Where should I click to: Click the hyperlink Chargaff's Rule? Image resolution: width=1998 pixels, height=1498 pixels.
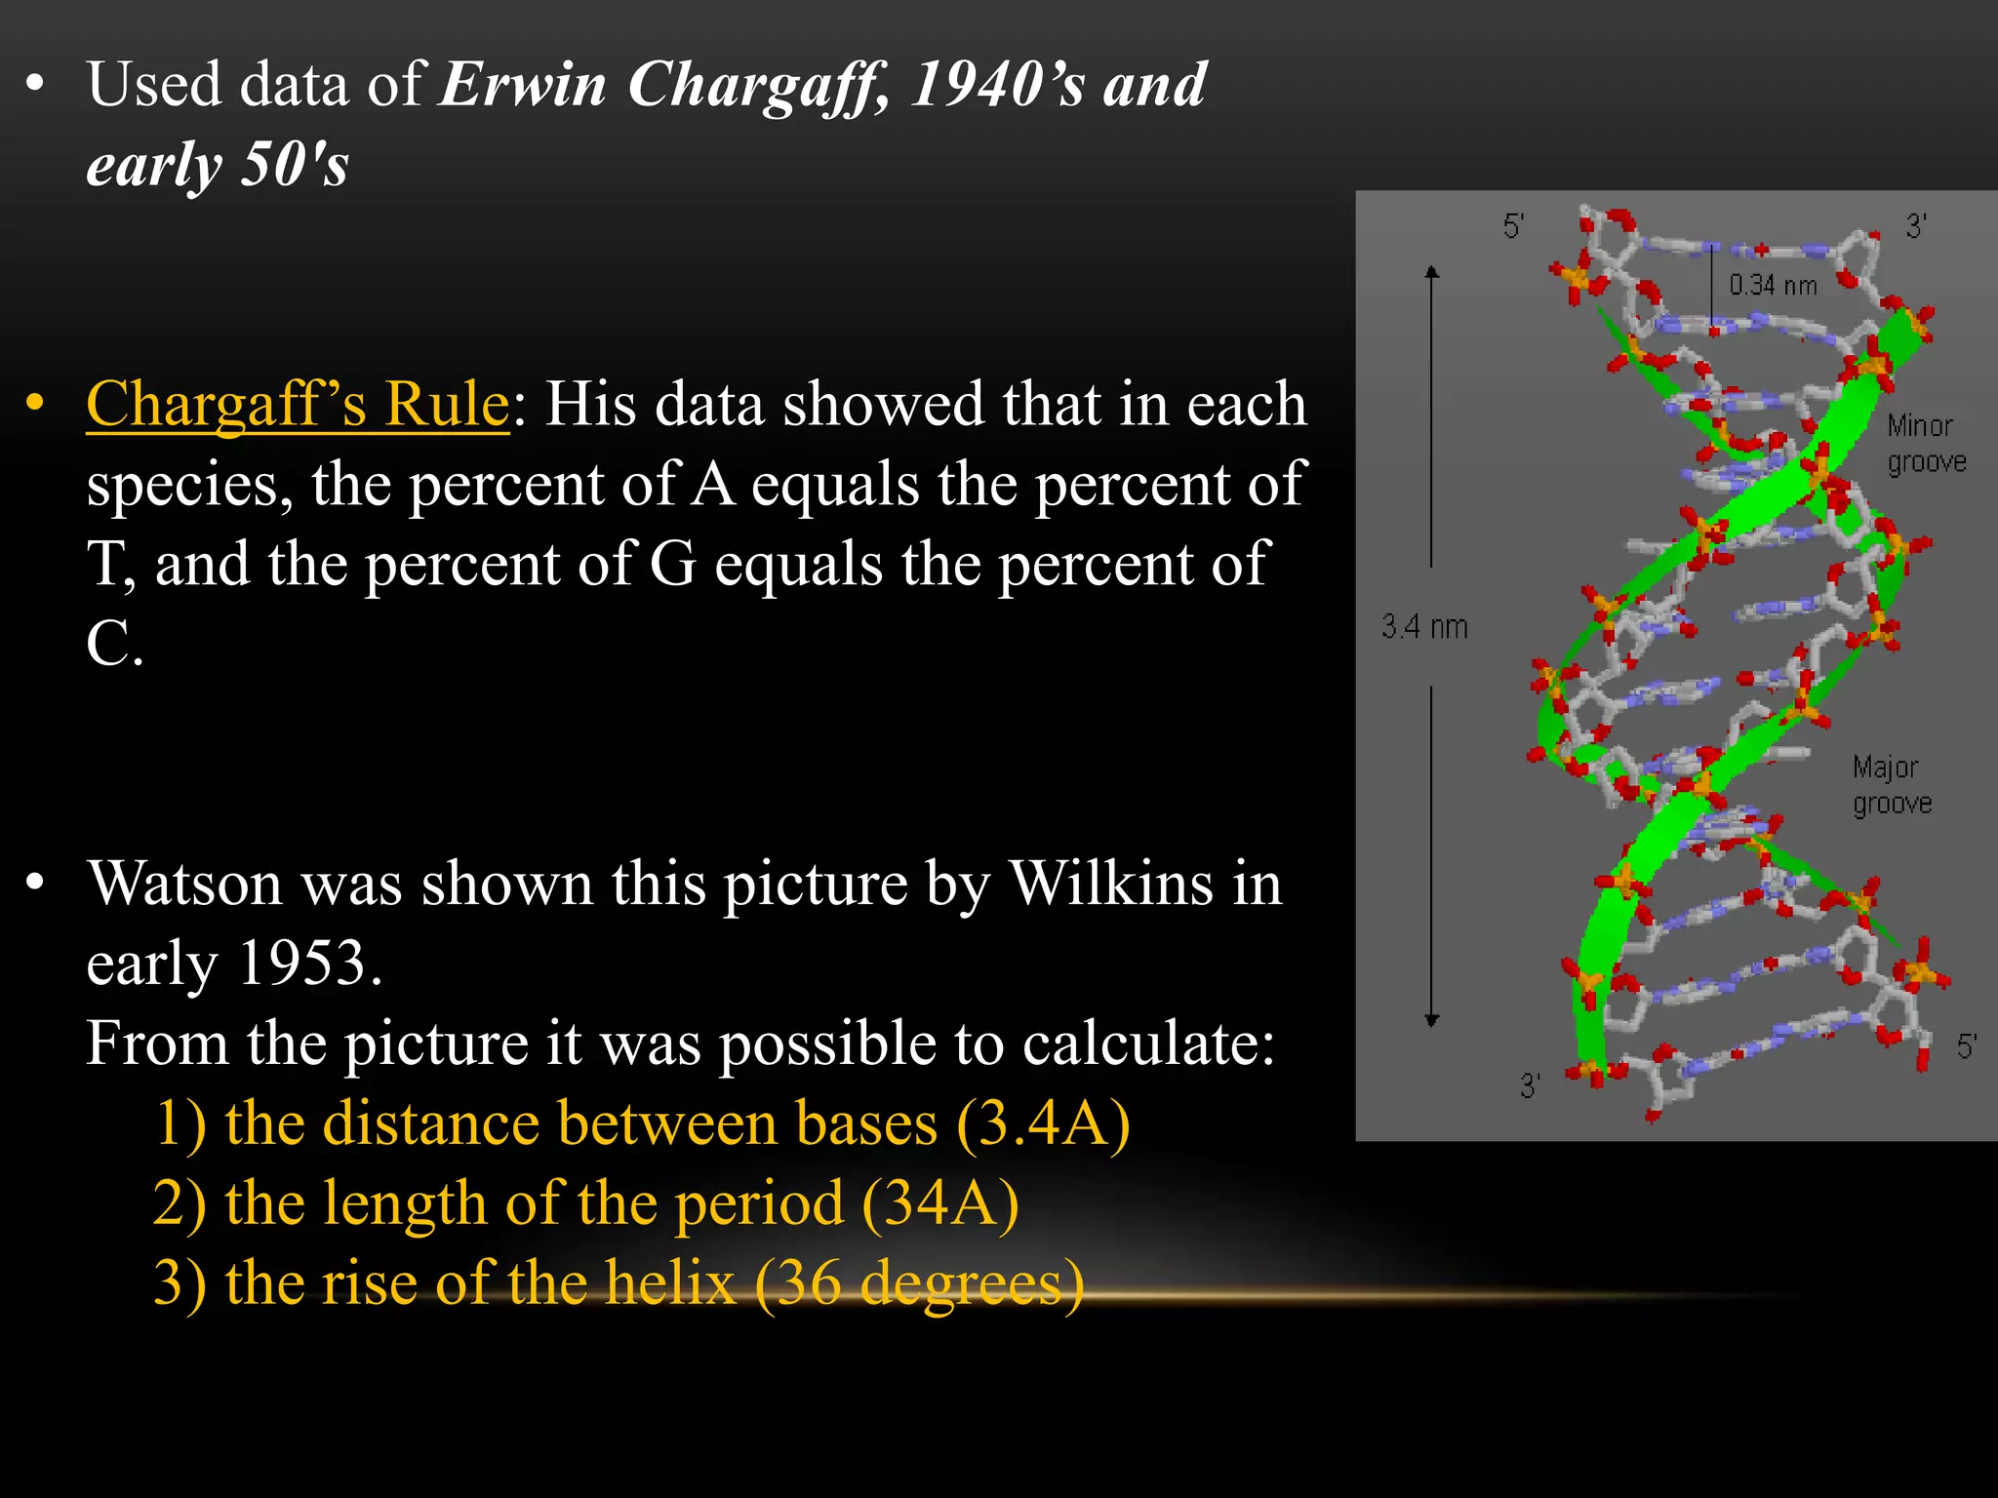pyautogui.click(x=298, y=404)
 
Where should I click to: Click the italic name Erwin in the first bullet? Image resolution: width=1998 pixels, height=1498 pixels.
pyautogui.click(x=523, y=85)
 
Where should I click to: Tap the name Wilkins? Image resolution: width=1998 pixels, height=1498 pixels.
pyautogui.click(x=1110, y=884)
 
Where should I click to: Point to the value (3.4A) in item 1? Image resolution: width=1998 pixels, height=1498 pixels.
pyautogui.click(x=1043, y=1123)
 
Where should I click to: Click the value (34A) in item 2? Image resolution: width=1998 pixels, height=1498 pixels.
pyautogui.click(x=940, y=1203)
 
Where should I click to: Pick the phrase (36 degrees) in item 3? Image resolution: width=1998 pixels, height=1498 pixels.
pyautogui.click(x=919, y=1283)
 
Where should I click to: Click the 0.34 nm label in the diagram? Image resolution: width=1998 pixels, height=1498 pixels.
pyautogui.click(x=1773, y=286)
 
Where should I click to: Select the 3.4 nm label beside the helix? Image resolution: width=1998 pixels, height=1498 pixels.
pyautogui.click(x=1424, y=627)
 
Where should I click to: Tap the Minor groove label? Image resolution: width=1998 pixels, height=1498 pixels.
pyautogui.click(x=1924, y=444)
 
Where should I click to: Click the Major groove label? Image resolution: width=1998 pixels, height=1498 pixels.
pyautogui.click(x=1891, y=785)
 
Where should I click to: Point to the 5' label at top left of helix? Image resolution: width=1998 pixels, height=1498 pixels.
pyautogui.click(x=1513, y=227)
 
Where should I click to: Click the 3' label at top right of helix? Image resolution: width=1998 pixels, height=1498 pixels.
pyautogui.click(x=1916, y=227)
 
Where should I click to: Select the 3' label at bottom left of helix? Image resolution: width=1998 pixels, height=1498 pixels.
pyautogui.click(x=1530, y=1086)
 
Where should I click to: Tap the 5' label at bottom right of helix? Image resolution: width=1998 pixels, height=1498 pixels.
pyautogui.click(x=1967, y=1047)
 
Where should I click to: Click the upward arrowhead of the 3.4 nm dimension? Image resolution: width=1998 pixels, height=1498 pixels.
pyautogui.click(x=1431, y=272)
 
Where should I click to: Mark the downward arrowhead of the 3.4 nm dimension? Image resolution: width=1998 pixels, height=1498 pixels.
pyautogui.click(x=1431, y=1020)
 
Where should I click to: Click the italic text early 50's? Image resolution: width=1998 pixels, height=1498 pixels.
pyautogui.click(x=217, y=165)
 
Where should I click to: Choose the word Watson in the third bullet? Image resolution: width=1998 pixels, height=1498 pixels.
pyautogui.click(x=184, y=884)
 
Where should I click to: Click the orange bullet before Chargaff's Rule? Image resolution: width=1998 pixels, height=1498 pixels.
pyautogui.click(x=35, y=404)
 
